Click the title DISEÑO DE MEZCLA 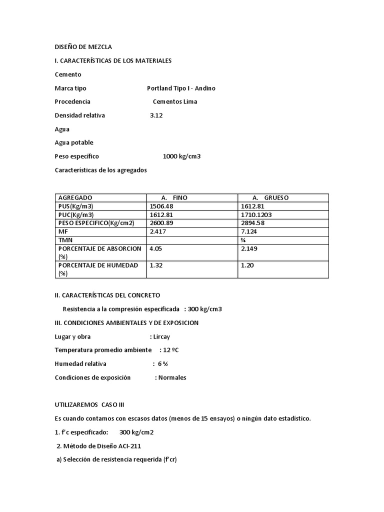(x=83, y=47)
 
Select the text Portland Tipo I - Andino (x=181, y=88)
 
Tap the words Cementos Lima (x=175, y=101)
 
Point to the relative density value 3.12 (x=156, y=115)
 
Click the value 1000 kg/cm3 (x=181, y=156)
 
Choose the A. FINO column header (x=174, y=197)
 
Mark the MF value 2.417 (x=158, y=231)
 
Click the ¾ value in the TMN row (x=243, y=240)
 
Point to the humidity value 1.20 (x=247, y=265)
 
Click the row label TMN (x=65, y=240)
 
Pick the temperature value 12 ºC (x=170, y=350)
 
